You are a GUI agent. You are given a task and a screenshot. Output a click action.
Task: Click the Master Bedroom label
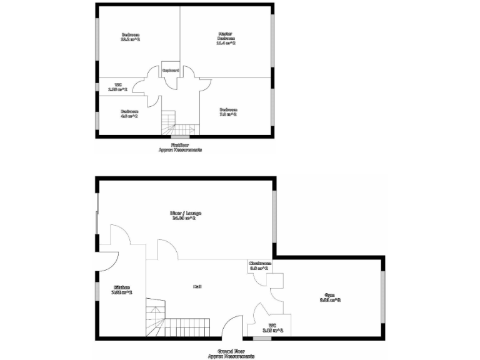pyautogui.click(x=226, y=36)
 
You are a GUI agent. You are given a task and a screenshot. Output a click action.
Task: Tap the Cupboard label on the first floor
pyautogui.click(x=171, y=70)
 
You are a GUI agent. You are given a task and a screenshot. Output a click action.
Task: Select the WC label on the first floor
pyautogui.click(x=118, y=85)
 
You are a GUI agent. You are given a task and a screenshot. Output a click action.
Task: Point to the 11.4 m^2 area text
pyautogui.click(x=226, y=43)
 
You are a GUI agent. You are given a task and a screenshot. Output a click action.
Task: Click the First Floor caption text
pyautogui.click(x=181, y=145)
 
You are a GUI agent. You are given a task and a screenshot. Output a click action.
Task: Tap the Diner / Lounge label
pyautogui.click(x=186, y=213)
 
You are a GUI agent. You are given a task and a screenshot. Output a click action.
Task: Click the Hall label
pyautogui.click(x=197, y=286)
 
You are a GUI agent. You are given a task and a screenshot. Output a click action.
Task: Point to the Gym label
pyautogui.click(x=329, y=295)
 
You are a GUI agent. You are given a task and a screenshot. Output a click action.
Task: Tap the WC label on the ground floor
pyautogui.click(x=272, y=325)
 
